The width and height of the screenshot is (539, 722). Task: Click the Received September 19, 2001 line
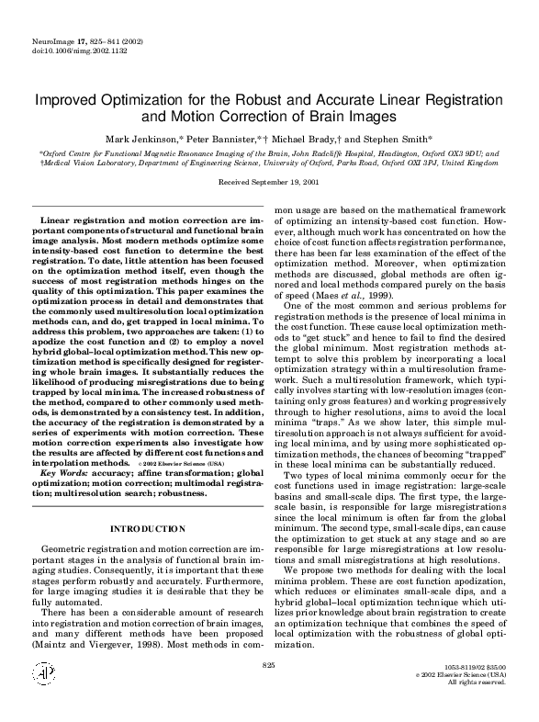tap(268, 182)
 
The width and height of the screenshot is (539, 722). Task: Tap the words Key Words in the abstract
tap(65, 473)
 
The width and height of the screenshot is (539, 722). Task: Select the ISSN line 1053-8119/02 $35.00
tap(474, 690)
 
